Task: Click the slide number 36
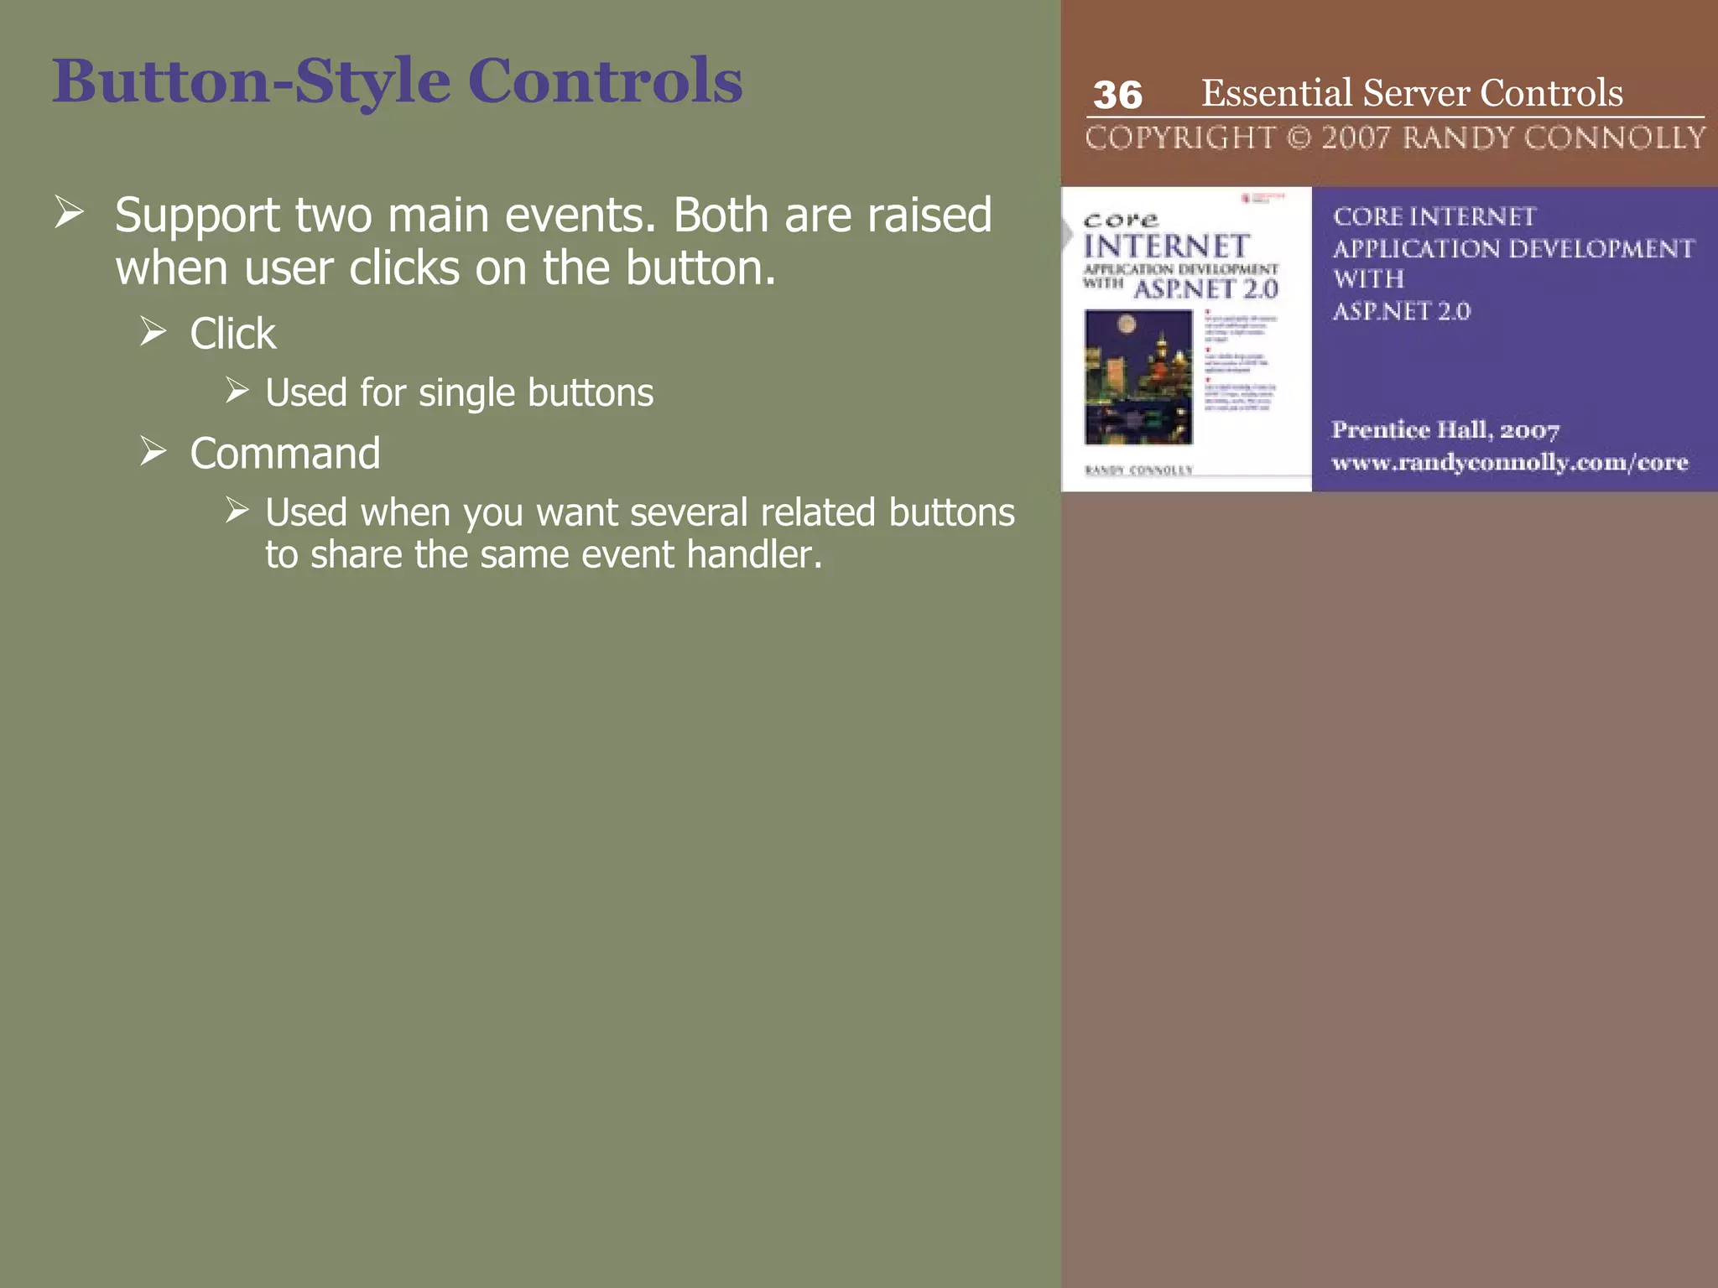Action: pos(1117,95)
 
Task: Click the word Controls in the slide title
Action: pos(605,81)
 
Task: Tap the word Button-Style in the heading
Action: pos(252,81)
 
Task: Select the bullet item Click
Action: pos(232,334)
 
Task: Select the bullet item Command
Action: pos(285,454)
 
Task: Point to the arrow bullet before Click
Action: pos(154,332)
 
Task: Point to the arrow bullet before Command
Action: pos(154,452)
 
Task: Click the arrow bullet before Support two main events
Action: pos(69,212)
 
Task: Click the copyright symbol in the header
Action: pos(1299,138)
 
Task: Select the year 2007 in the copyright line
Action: pos(1356,138)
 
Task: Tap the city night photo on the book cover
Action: pos(1138,377)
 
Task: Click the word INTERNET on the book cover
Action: pos(1166,247)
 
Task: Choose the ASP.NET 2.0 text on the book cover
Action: pos(1205,290)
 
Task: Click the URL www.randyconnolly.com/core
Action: pos(1509,463)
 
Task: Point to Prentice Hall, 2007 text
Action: pos(1445,430)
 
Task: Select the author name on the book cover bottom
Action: pos(1138,470)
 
